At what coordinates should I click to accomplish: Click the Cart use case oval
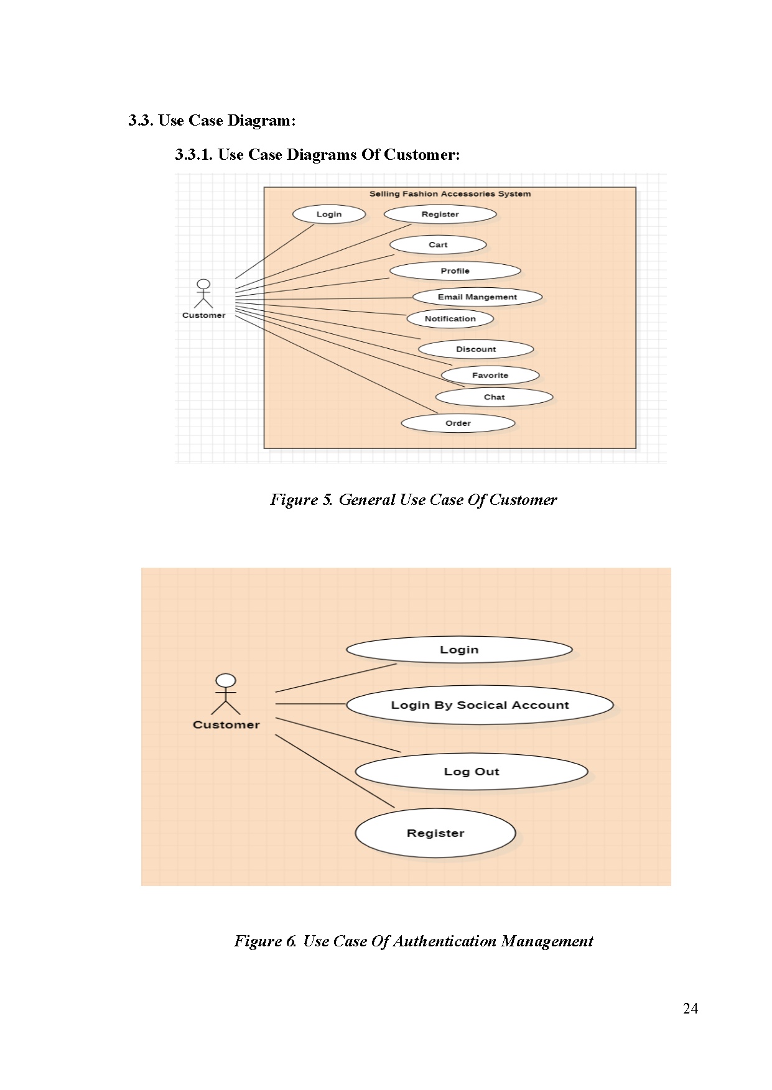coord(438,245)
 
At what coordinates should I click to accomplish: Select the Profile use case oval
coord(455,271)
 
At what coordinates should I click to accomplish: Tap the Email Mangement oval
coord(477,297)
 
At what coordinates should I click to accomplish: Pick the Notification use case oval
coord(450,319)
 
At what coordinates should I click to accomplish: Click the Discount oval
coord(476,349)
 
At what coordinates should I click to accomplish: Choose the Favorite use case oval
coord(490,376)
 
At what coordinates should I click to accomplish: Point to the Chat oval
coord(494,397)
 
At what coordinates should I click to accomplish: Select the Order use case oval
coord(458,423)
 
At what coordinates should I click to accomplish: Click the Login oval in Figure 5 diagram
coord(328,215)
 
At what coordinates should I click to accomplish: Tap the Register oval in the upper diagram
coord(440,215)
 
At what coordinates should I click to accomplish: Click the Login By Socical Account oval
coord(480,705)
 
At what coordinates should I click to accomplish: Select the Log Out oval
coord(472,772)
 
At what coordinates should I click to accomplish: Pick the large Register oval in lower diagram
coord(435,833)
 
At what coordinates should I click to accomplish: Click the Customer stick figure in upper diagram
coord(203,293)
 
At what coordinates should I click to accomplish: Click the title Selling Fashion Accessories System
coord(450,194)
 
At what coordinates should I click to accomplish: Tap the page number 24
coord(690,1009)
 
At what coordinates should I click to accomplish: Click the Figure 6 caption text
coord(413,941)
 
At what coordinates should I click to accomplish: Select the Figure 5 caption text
coord(413,500)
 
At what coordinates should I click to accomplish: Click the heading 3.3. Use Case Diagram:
coord(212,121)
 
